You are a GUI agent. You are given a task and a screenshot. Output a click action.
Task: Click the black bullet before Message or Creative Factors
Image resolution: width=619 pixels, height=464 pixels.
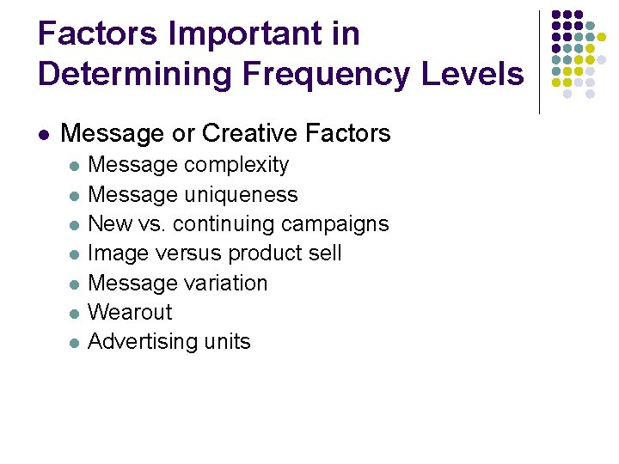click(44, 134)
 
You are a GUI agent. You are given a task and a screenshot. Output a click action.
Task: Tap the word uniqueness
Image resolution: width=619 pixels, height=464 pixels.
click(245, 194)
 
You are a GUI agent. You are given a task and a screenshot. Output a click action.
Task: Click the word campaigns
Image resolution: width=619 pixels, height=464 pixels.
click(336, 224)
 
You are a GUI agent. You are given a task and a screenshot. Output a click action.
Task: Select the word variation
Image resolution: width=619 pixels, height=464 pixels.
click(227, 283)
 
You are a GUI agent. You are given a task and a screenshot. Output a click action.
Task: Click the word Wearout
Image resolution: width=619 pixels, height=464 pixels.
click(130, 312)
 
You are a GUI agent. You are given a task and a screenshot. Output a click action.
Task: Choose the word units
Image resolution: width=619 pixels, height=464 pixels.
click(228, 342)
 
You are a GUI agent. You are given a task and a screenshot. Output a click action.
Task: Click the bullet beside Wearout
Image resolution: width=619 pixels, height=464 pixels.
click(75, 314)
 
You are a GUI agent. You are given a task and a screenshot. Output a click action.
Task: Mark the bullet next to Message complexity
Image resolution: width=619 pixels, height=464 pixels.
click(75, 166)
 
